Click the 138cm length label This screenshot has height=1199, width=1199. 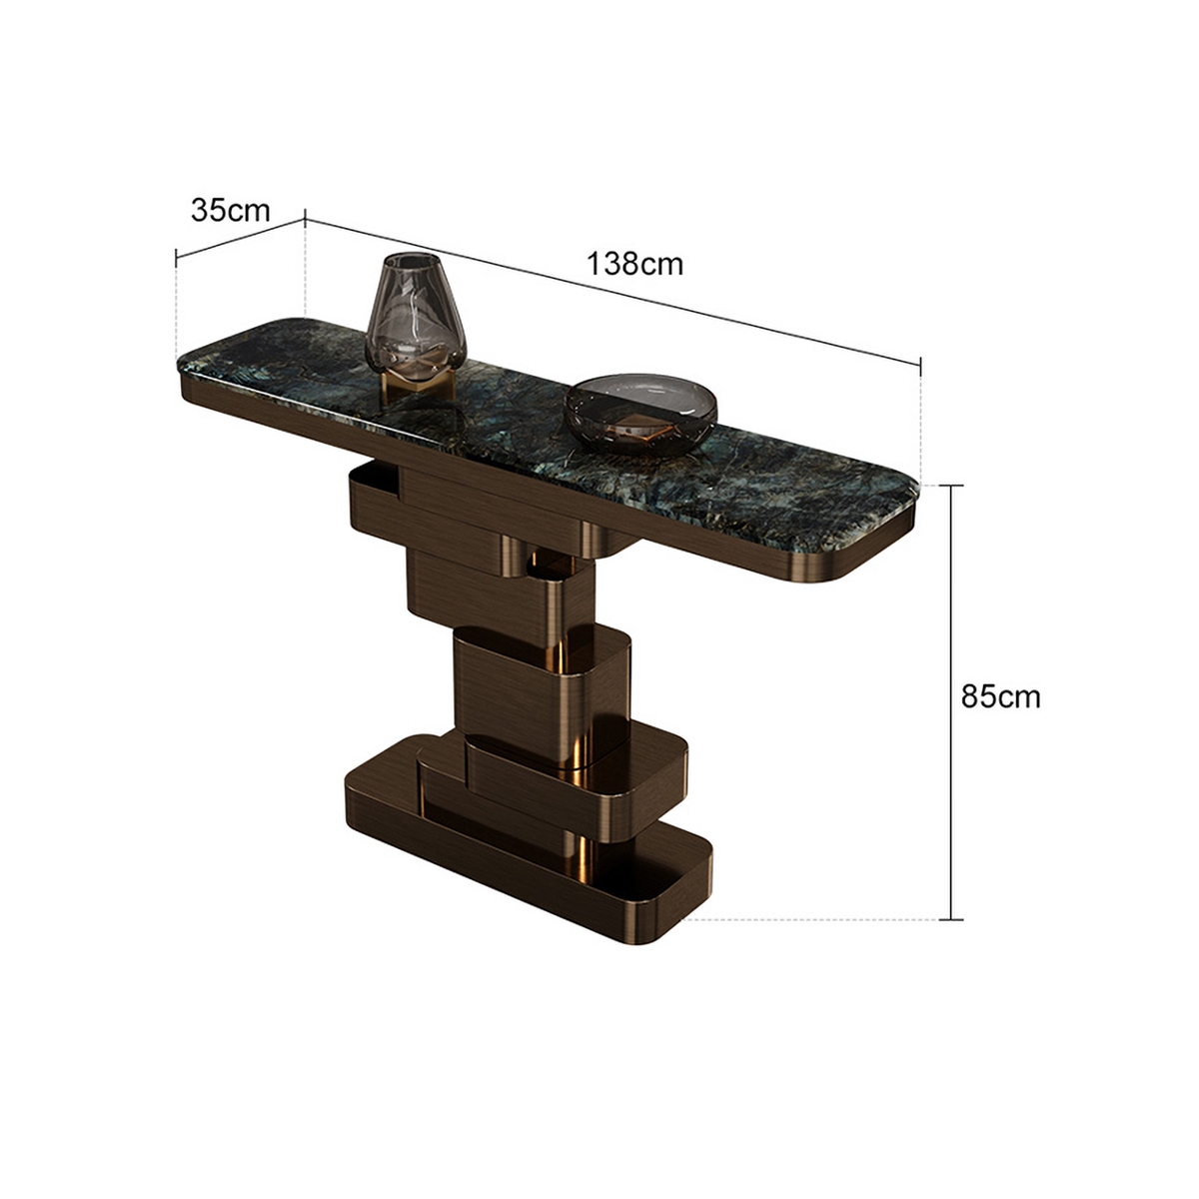(x=635, y=264)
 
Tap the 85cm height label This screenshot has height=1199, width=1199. (x=1000, y=696)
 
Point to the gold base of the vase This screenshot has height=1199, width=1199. (x=420, y=385)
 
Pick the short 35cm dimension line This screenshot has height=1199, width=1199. (x=240, y=238)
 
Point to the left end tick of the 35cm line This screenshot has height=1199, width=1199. (x=177, y=259)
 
